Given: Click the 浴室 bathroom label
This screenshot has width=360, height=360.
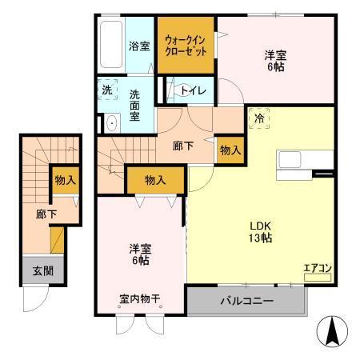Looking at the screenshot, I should (140, 46).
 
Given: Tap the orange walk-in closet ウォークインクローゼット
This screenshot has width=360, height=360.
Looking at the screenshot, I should (186, 44).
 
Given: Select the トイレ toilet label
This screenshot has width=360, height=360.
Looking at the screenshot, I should (194, 90).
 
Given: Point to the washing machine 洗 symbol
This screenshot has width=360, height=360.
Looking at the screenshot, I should (107, 90).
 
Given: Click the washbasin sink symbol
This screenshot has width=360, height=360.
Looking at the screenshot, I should (110, 123).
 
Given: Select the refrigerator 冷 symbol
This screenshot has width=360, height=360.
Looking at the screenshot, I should (259, 118).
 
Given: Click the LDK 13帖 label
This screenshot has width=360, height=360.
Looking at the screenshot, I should (260, 230).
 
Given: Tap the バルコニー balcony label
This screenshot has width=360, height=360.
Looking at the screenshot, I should (247, 302).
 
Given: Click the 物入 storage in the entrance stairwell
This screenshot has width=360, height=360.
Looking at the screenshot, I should (65, 180).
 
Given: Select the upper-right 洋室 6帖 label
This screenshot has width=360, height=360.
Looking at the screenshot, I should (275, 61).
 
